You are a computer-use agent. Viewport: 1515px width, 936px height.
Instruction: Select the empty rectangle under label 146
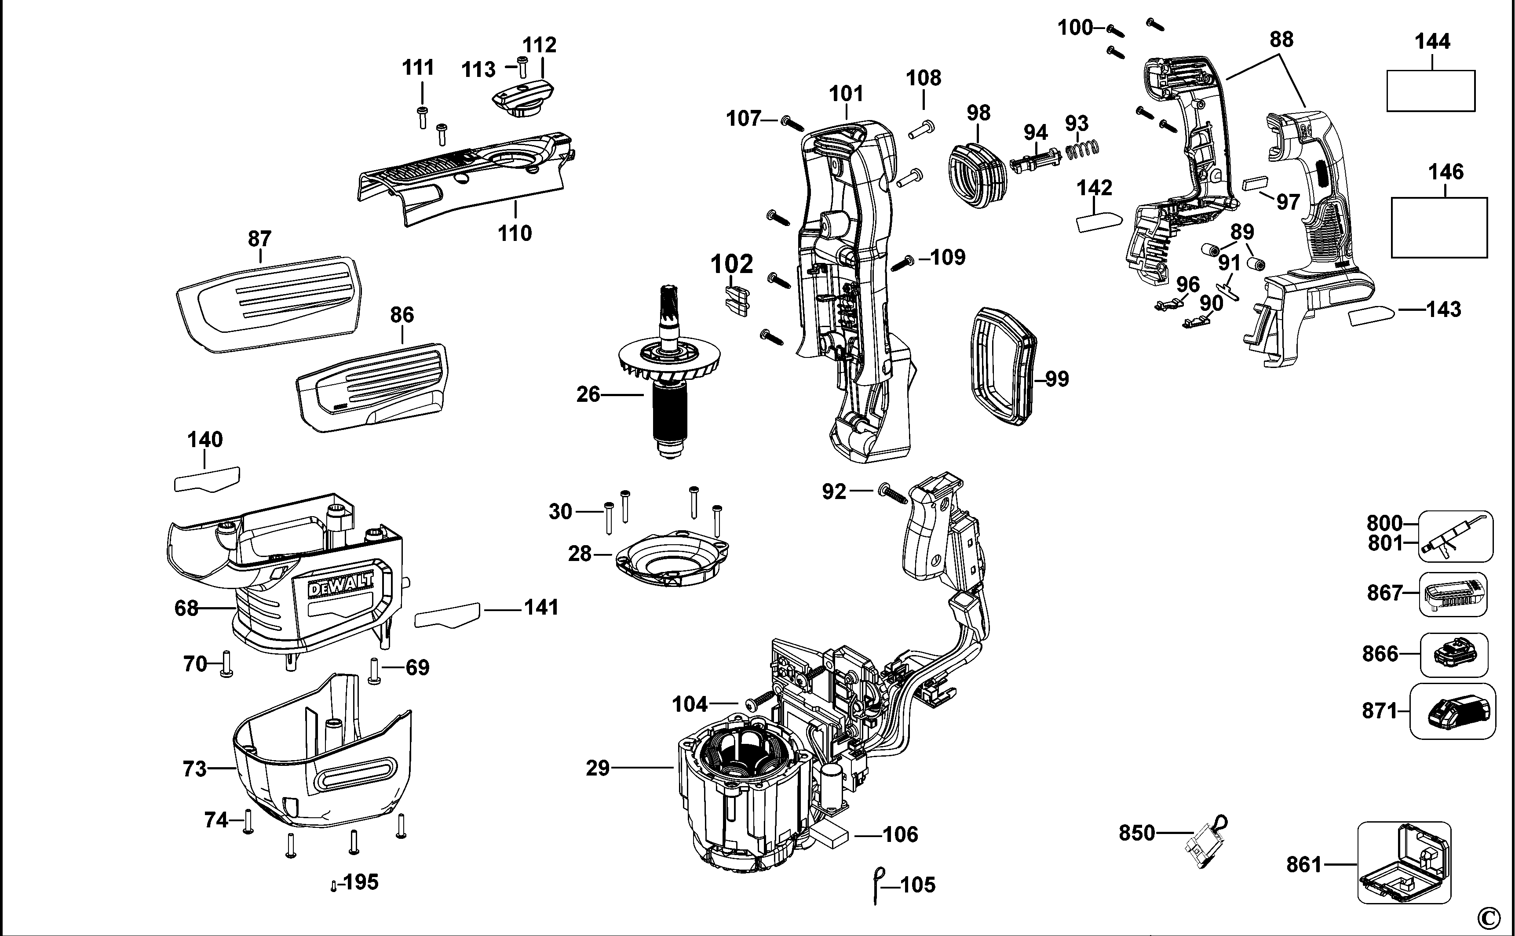tap(1439, 227)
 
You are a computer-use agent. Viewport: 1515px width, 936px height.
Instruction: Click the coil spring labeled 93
tap(1082, 149)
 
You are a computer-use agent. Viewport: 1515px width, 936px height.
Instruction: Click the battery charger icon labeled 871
tap(1452, 711)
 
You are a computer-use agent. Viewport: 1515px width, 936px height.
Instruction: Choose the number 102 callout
tap(731, 264)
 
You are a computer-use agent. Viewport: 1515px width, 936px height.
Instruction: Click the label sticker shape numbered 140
tap(206, 479)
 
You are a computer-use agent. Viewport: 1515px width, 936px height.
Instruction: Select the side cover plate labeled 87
tap(267, 303)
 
